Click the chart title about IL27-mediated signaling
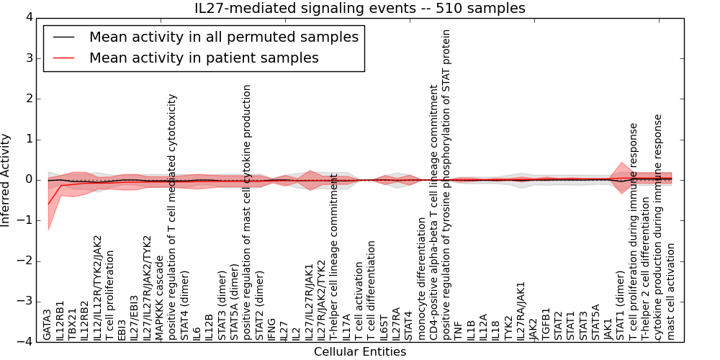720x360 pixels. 360,8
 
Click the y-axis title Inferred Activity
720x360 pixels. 6,179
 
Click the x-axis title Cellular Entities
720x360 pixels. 360,352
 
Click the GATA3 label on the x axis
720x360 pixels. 48,325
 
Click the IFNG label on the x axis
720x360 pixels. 271,328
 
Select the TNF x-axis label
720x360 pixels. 459,330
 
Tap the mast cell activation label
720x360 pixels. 671,292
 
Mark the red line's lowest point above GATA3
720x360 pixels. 48,204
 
